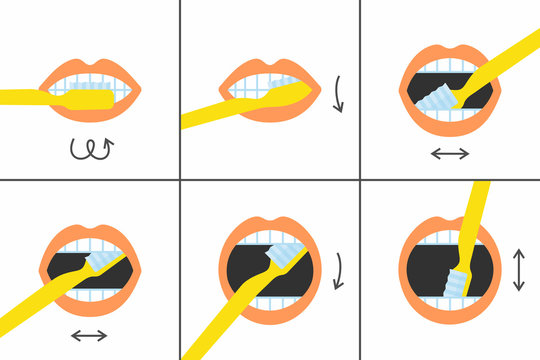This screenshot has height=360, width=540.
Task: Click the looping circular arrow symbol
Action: (89, 149)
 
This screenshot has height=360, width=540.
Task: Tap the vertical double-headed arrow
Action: (518, 269)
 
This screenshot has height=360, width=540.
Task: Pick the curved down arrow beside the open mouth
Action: (340, 271)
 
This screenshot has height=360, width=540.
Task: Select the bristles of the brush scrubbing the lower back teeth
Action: (439, 99)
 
